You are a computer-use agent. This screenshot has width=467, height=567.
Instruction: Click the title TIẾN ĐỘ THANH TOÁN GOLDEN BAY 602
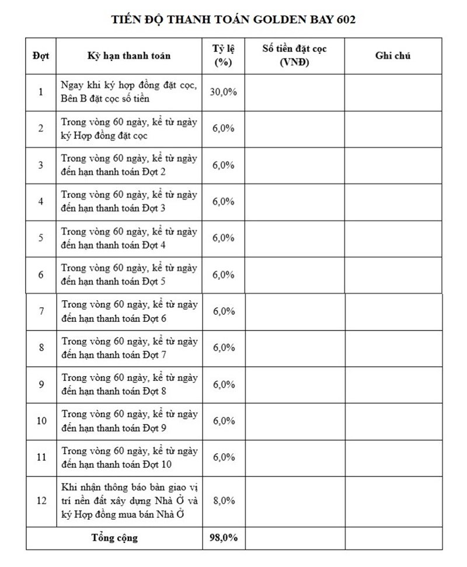(233, 19)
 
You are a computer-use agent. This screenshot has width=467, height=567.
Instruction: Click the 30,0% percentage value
(224, 92)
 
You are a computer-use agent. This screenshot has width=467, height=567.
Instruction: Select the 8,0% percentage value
(224, 500)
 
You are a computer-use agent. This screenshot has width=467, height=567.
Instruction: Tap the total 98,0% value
(224, 538)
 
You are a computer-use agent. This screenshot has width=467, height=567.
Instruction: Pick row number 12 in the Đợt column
(41, 500)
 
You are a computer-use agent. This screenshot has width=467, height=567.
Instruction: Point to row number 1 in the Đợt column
(41, 92)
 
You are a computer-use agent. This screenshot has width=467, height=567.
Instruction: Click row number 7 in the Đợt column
(41, 311)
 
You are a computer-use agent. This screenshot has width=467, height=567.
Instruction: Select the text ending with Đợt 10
(129, 457)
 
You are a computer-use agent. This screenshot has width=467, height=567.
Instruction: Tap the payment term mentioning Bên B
(129, 92)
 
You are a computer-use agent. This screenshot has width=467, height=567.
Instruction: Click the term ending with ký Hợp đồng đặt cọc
(129, 128)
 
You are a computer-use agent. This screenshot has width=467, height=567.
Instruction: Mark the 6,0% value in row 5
(224, 238)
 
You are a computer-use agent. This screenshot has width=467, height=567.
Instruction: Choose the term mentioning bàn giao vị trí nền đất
(129, 500)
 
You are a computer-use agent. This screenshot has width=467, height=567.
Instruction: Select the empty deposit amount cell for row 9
(295, 384)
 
